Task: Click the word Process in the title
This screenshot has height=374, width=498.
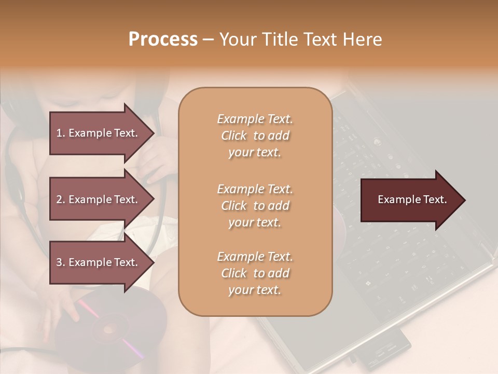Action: pyautogui.click(x=163, y=39)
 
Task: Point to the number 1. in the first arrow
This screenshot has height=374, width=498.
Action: pyautogui.click(x=61, y=133)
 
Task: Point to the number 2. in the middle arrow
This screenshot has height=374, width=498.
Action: pyautogui.click(x=61, y=199)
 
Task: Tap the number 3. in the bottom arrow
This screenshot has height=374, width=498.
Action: pyautogui.click(x=61, y=262)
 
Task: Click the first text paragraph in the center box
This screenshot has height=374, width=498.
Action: pyautogui.click(x=255, y=136)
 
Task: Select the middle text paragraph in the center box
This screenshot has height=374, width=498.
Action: pyautogui.click(x=255, y=206)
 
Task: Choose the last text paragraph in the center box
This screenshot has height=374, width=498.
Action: pyautogui.click(x=255, y=273)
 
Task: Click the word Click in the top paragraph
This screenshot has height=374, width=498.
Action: pyautogui.click(x=234, y=136)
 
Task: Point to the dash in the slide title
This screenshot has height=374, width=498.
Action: pyautogui.click(x=209, y=39)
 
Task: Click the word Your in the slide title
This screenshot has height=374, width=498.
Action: pyautogui.click(x=237, y=39)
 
